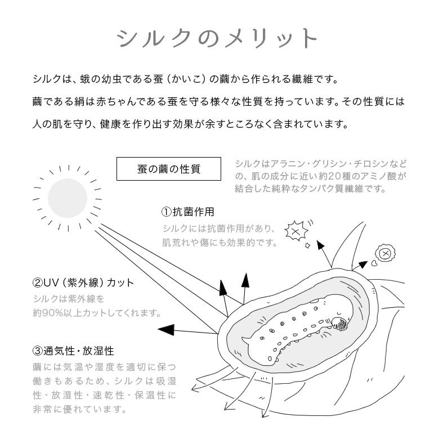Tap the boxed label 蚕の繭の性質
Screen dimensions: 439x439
click(x=168, y=168)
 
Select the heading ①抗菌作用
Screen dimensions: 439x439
click(x=187, y=212)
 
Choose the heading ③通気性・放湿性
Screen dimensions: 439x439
click(x=73, y=351)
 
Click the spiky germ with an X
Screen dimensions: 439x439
click(x=294, y=230)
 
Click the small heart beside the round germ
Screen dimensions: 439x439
click(x=373, y=263)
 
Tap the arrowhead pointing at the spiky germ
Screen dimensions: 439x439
click(x=320, y=245)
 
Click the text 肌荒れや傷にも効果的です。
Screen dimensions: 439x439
click(x=220, y=243)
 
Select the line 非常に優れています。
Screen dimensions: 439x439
click(x=79, y=409)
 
